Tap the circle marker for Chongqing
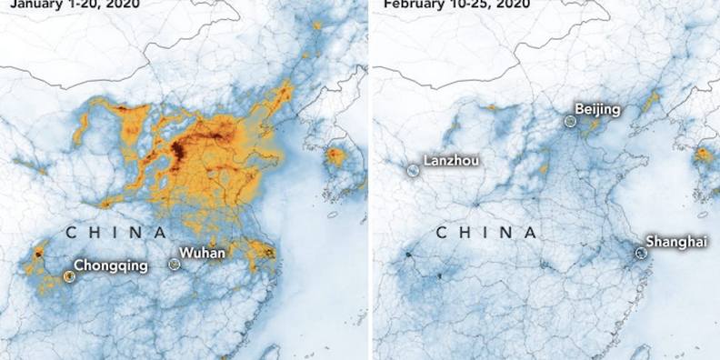click(x=69, y=275)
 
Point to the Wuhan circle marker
click(x=175, y=264)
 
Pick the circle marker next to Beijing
click(x=570, y=120)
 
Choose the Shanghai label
click(x=675, y=241)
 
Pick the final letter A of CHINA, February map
click(x=530, y=233)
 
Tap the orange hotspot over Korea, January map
click(x=335, y=155)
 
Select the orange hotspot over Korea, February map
click(x=703, y=155)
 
